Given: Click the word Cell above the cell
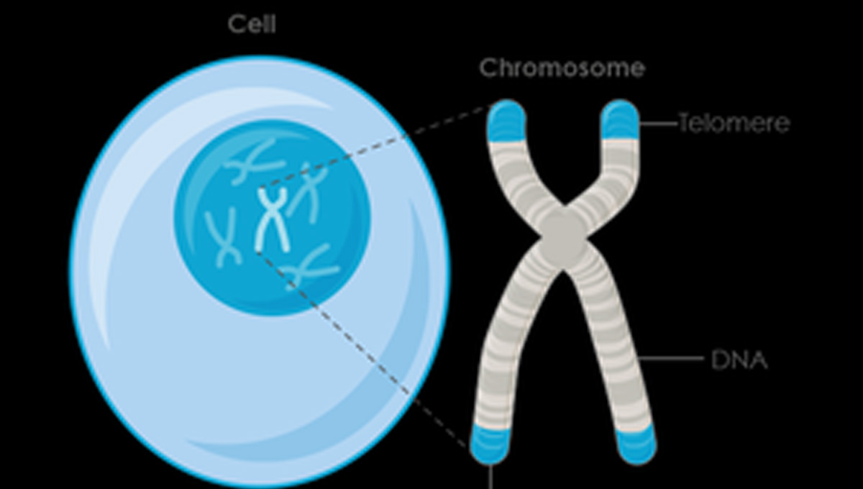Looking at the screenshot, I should [x=252, y=24].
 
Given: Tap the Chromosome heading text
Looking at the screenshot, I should [x=562, y=68].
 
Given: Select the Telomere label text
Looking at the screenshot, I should [x=734, y=124].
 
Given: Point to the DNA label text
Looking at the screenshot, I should [x=739, y=360].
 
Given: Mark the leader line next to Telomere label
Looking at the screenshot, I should [x=658, y=124].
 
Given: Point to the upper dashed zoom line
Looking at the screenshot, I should [x=374, y=148].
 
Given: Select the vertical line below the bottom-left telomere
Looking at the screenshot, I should [x=491, y=476].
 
